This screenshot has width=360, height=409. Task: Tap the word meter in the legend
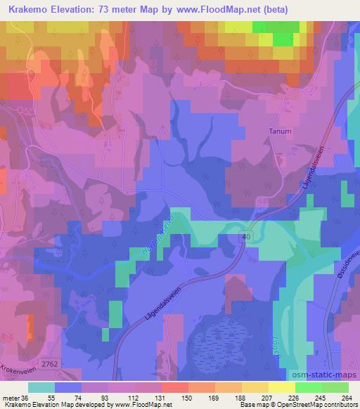point(13,378)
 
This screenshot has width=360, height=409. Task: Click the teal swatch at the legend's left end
point(41,387)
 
